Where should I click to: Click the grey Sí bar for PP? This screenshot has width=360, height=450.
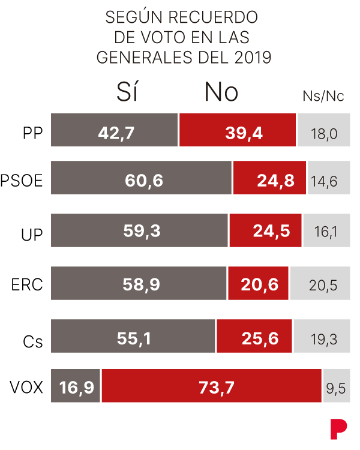(115, 130)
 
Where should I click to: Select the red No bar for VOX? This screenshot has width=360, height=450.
(212, 386)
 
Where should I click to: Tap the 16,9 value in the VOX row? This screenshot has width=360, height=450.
(76, 386)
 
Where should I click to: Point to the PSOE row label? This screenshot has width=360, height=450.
(22, 181)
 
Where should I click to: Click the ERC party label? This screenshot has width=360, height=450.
(27, 284)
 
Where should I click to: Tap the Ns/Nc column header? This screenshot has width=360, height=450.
(323, 97)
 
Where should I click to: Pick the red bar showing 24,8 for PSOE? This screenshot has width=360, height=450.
(269, 178)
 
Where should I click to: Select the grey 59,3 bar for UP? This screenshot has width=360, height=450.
(139, 230)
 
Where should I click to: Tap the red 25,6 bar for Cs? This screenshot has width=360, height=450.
(254, 337)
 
